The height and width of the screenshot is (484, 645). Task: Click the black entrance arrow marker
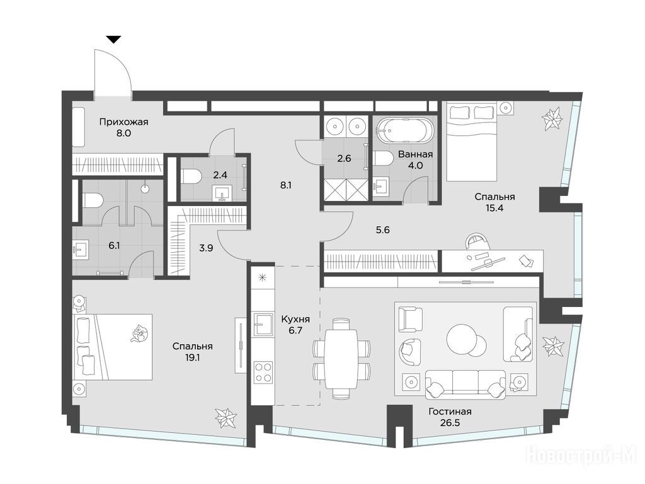114,40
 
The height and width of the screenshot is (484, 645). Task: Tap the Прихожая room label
123,122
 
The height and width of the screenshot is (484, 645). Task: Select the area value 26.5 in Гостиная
450,423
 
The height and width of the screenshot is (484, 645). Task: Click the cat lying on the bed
139,333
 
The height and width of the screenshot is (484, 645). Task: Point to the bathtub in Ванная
405,130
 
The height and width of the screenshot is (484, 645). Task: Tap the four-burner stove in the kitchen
263,372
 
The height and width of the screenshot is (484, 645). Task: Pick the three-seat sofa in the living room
465,384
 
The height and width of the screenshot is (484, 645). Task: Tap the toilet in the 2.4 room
190,176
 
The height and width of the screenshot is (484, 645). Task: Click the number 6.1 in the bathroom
114,246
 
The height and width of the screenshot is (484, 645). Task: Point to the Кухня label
295,319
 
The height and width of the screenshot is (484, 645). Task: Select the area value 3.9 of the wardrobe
206,248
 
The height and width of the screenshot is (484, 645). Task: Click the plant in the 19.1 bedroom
225,418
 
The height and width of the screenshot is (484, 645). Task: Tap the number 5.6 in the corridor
382,230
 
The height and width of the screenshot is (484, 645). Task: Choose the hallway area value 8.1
286,185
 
